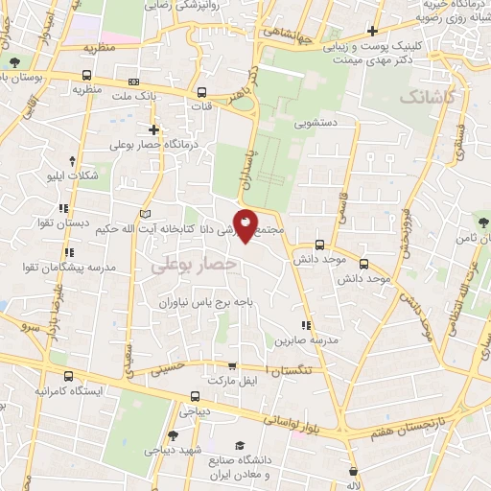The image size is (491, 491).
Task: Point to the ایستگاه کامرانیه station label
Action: (x=73, y=391)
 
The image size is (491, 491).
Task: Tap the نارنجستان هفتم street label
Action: (x=409, y=422)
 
